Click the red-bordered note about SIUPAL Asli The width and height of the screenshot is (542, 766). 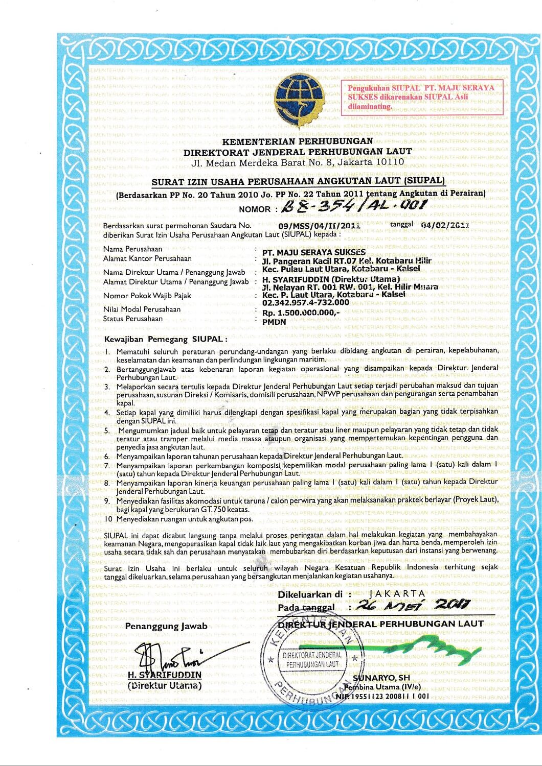tap(421, 97)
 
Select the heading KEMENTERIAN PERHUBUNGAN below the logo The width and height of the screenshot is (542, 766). tap(298, 141)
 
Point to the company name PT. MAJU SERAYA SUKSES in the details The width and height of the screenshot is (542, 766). tap(313, 252)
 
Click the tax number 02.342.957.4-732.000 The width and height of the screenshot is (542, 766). tap(305, 302)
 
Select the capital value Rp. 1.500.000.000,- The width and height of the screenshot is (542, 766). tap(301, 313)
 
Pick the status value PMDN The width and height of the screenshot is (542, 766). tap(274, 322)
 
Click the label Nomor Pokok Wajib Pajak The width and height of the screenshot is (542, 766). tap(147, 296)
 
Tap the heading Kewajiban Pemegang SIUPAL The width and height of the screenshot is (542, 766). tap(165, 339)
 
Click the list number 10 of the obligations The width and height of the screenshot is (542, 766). tap(108, 519)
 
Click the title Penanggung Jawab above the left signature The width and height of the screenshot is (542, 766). tap(166, 626)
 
